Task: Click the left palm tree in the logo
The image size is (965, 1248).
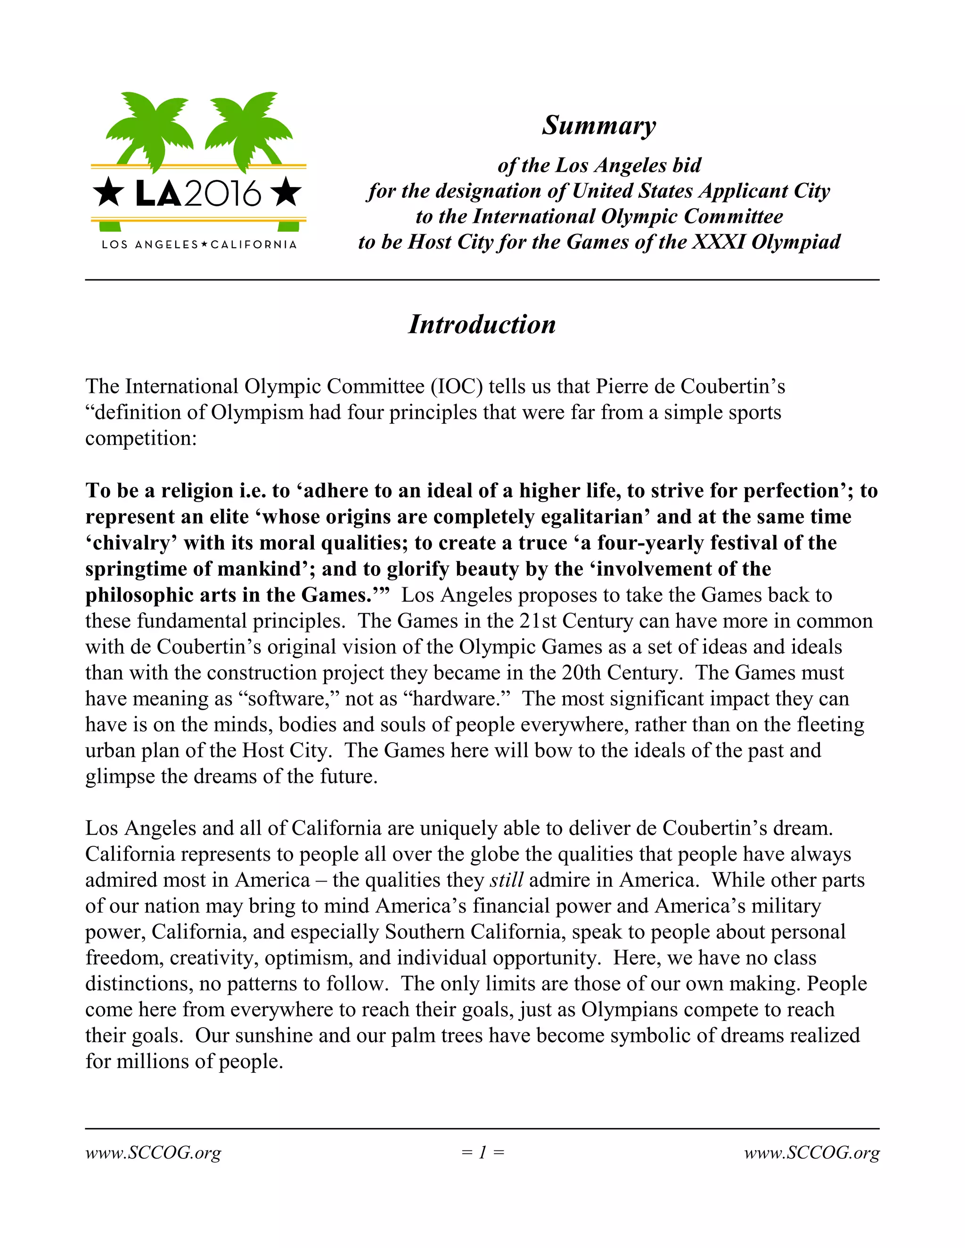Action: tap(150, 129)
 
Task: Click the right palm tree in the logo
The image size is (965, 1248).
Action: tap(247, 129)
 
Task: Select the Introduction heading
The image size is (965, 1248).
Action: tap(482, 324)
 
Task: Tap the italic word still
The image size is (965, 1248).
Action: tap(507, 880)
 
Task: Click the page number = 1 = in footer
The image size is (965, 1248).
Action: tap(482, 1152)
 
